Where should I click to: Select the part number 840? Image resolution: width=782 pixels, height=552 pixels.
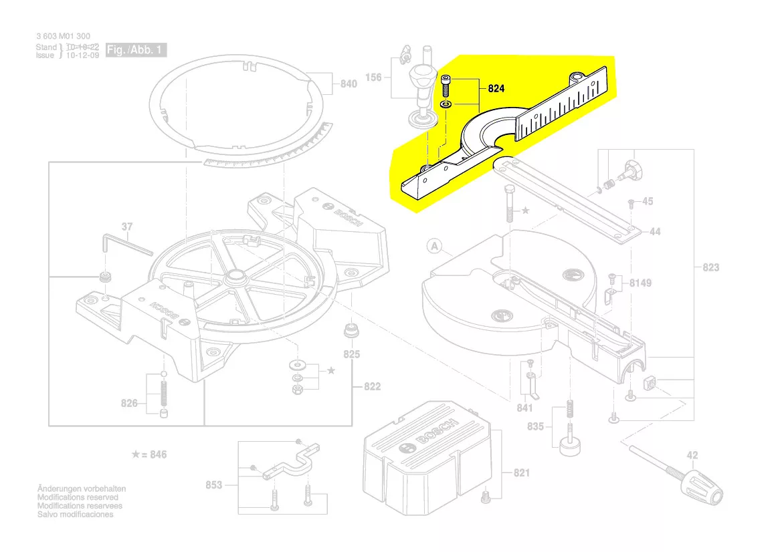349,84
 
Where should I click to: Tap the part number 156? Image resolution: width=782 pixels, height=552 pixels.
373,78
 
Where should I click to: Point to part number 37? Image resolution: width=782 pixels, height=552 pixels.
127,227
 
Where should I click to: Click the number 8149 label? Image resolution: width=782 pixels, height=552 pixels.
640,283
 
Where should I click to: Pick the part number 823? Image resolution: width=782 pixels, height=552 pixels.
710,267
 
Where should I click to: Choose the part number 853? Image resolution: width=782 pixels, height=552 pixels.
213,485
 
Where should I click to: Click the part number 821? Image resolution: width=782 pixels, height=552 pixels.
522,473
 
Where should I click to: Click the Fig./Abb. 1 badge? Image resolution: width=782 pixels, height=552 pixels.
136,50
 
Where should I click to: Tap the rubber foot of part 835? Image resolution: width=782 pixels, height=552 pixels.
569,446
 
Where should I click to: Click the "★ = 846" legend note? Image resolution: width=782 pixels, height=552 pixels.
149,454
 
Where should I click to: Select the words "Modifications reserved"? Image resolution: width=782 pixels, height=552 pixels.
78,497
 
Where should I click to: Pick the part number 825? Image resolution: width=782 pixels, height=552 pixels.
352,354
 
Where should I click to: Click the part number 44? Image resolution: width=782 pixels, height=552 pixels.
655,231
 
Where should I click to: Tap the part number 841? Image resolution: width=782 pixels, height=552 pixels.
524,408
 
